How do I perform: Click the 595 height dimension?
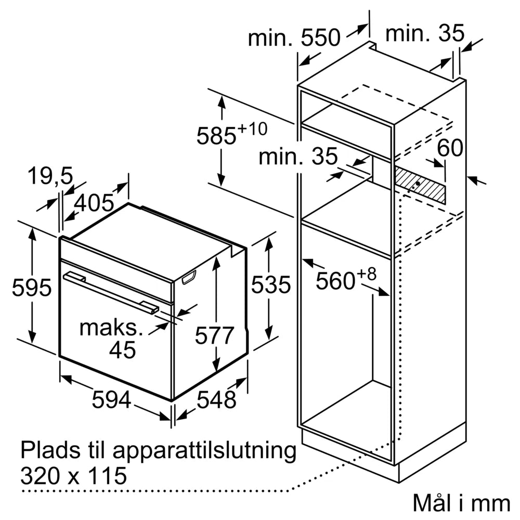click(x=32, y=287)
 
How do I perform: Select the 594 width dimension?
click(x=111, y=399)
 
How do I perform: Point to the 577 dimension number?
click(x=215, y=335)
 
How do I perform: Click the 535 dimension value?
click(x=270, y=284)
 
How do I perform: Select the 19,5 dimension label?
click(x=50, y=177)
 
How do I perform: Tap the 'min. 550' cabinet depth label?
click(x=294, y=38)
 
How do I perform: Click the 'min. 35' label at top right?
click(x=424, y=34)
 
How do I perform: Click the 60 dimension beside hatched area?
click(x=449, y=149)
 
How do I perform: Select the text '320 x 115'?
click(x=73, y=476)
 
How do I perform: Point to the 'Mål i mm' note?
click(x=461, y=503)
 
